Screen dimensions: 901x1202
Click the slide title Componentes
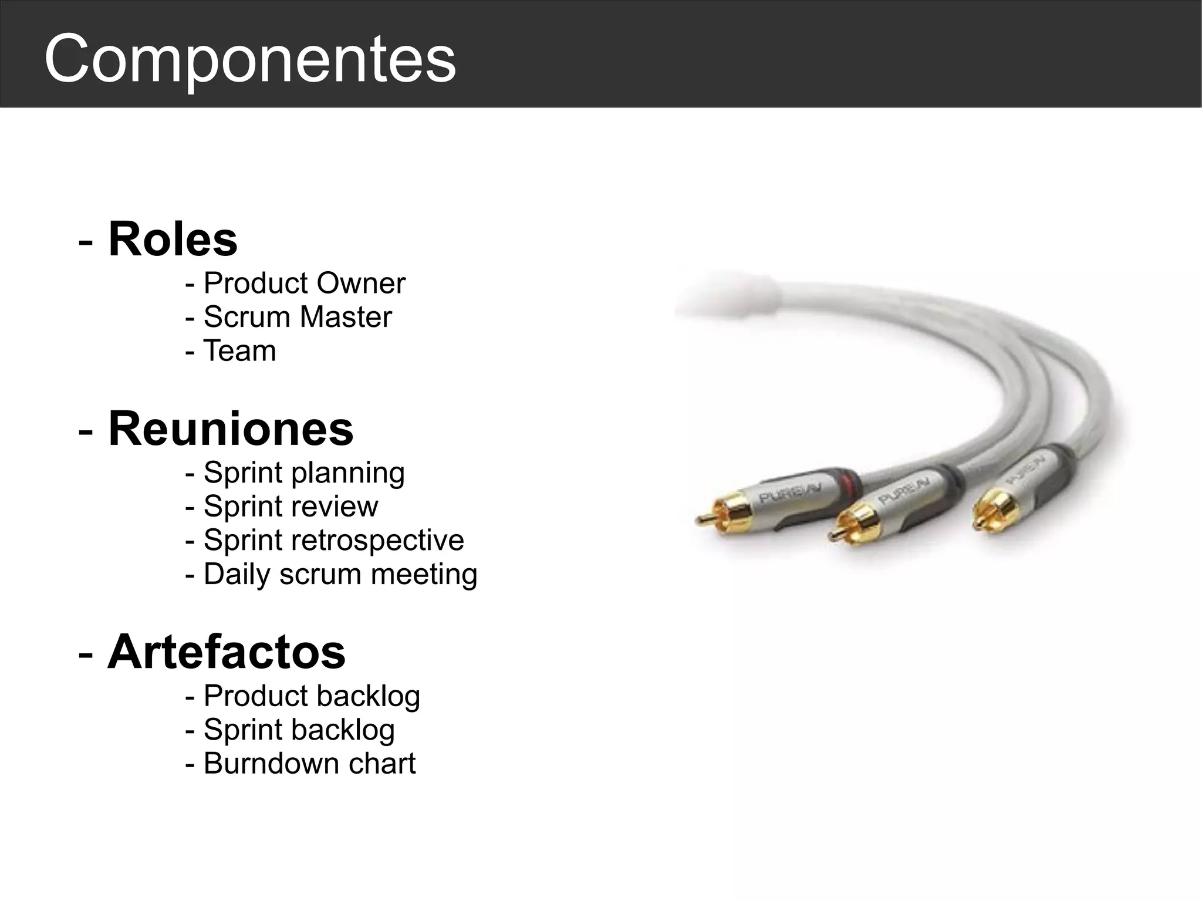(250, 59)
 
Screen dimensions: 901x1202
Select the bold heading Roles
(173, 239)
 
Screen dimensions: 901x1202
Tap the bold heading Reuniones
(231, 428)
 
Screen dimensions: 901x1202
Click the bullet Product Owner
(304, 284)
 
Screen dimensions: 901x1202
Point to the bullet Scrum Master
(297, 317)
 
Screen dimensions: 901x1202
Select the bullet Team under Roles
(239, 351)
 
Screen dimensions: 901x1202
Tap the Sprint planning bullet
(304, 473)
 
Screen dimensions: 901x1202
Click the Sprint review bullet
(291, 506)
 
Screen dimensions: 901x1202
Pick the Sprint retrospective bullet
(333, 540)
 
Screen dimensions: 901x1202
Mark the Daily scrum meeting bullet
(340, 574)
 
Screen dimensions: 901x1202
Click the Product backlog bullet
(312, 696)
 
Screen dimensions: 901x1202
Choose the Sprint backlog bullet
(299, 730)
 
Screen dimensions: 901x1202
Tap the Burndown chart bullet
(309, 764)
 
